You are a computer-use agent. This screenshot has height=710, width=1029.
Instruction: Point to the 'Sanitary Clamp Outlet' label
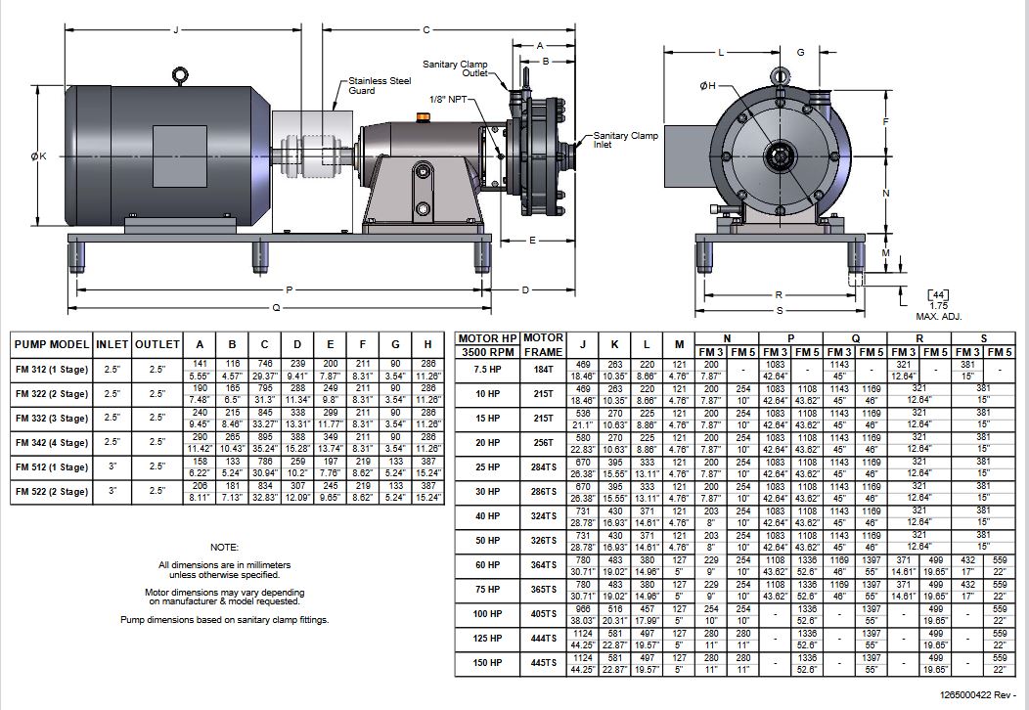pyautogui.click(x=455, y=67)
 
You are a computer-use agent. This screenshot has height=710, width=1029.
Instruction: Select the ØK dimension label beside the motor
pyautogui.click(x=38, y=155)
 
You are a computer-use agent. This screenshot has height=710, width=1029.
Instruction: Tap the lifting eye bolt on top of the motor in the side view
pyautogui.click(x=179, y=74)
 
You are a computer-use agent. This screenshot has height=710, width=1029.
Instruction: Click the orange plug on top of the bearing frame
pyautogui.click(x=423, y=118)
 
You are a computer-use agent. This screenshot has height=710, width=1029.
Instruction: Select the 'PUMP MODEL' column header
pyautogui.click(x=52, y=344)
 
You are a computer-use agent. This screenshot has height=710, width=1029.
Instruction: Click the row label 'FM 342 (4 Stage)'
pyautogui.click(x=52, y=443)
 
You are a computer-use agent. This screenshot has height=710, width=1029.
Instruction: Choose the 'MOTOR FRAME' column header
pyautogui.click(x=544, y=344)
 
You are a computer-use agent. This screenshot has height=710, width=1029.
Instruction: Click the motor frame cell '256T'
pyautogui.click(x=544, y=442)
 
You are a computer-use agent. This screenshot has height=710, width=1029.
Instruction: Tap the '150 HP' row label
pyautogui.click(x=487, y=664)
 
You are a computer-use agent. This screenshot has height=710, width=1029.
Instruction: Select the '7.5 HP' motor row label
pyautogui.click(x=487, y=369)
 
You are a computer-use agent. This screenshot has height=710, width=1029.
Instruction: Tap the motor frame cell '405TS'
pyautogui.click(x=544, y=615)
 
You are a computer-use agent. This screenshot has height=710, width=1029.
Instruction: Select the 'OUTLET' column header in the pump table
pyautogui.click(x=157, y=344)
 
